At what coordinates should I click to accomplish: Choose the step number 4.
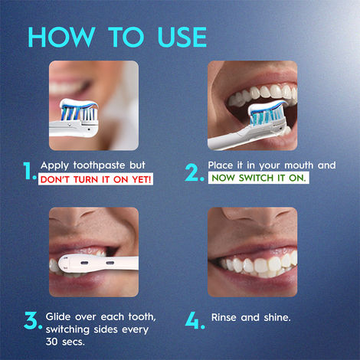195,321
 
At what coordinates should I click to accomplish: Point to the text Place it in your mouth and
272,165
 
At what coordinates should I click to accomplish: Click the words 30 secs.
65,342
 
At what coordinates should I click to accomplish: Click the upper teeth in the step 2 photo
260,96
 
